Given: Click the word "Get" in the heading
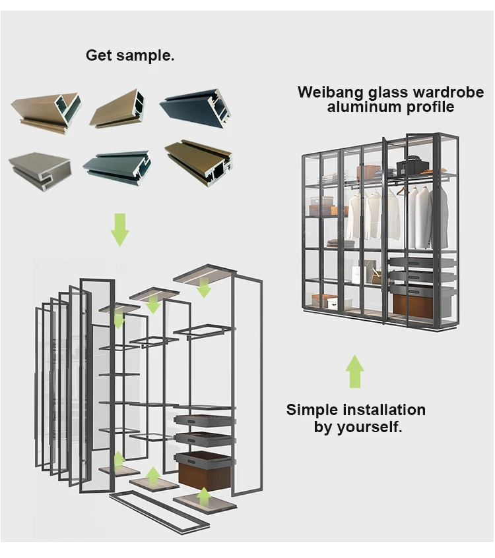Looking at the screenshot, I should [99, 55].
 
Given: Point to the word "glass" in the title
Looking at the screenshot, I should [379, 92].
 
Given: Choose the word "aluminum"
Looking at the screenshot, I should [360, 107].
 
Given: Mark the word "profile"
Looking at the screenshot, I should [428, 107].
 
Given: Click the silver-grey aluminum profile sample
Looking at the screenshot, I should [40, 170].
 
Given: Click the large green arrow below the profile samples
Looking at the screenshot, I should [119, 229].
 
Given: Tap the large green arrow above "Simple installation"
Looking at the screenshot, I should [355, 371].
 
